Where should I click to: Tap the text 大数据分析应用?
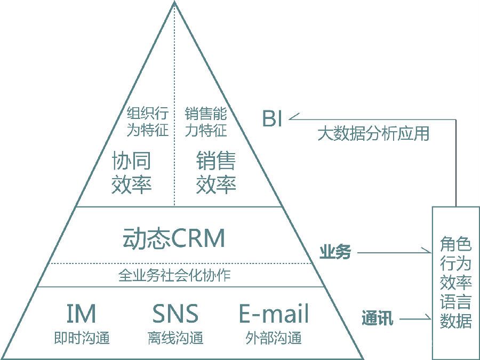coord(373,133)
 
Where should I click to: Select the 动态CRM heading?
coord(174,238)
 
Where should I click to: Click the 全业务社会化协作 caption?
coord(174,275)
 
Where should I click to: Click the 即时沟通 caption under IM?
coord(82,338)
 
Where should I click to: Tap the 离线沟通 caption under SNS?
coord(175,338)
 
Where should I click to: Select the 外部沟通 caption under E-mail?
coord(274,338)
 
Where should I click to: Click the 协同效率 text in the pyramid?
coord(132,172)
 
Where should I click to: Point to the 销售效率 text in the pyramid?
coord(216,172)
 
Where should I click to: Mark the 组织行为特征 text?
coord(147,122)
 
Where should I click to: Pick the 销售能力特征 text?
coord(206,122)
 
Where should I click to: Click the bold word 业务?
coord(335,252)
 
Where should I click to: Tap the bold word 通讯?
coord(378,319)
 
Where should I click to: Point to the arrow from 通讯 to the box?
coord(416,319)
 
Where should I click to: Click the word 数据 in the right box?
coord(456,321)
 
